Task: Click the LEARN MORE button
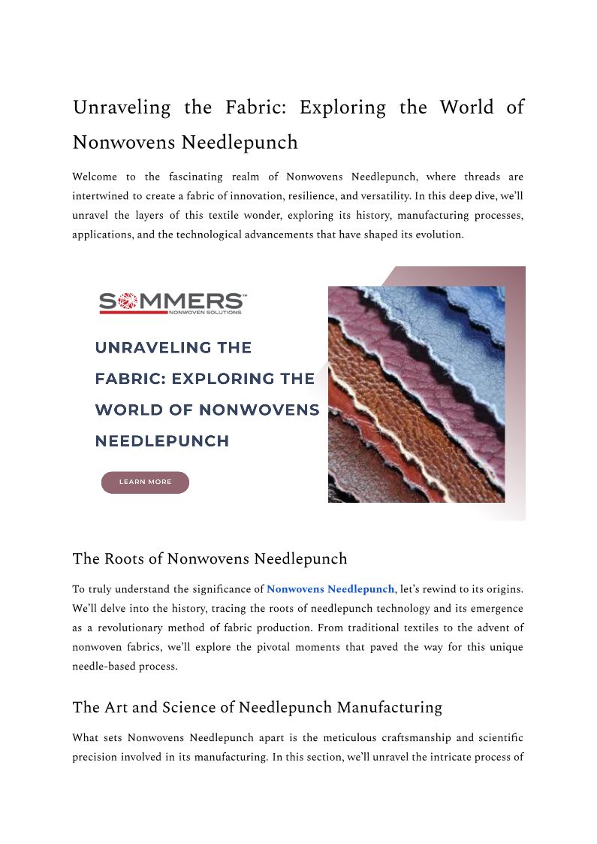click(x=145, y=483)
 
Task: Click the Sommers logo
click(x=172, y=302)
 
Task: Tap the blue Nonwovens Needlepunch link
click(x=330, y=589)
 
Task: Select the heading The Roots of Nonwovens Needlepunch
click(x=210, y=559)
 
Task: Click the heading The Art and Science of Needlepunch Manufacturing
click(x=257, y=707)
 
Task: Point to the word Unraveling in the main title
click(x=122, y=107)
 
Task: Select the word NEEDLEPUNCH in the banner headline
click(x=162, y=441)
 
